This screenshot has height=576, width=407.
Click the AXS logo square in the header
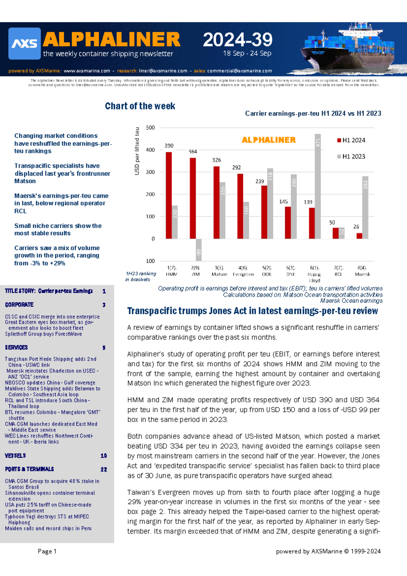point(24,43)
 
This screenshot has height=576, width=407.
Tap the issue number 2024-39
point(237,40)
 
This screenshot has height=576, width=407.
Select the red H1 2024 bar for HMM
point(169,195)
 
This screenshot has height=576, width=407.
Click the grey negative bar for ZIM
point(199,250)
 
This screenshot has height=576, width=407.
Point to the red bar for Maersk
point(359,236)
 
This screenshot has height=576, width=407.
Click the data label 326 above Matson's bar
point(216,160)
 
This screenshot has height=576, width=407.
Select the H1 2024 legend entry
point(351,140)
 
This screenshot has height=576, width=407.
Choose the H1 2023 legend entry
point(351,156)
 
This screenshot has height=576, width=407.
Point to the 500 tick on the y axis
point(150,128)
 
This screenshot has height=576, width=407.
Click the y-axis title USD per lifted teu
point(137,151)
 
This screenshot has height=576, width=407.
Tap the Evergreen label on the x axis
point(243,274)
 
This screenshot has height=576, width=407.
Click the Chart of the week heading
point(140,106)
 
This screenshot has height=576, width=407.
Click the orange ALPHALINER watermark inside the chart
point(269,140)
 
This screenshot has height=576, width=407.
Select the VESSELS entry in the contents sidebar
point(16,456)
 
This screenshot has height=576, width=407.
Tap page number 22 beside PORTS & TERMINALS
point(104,469)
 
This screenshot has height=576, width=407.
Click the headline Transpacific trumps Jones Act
point(252,311)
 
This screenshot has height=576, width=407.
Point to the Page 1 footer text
point(47,551)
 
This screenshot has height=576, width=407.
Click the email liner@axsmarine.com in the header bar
point(163,71)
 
